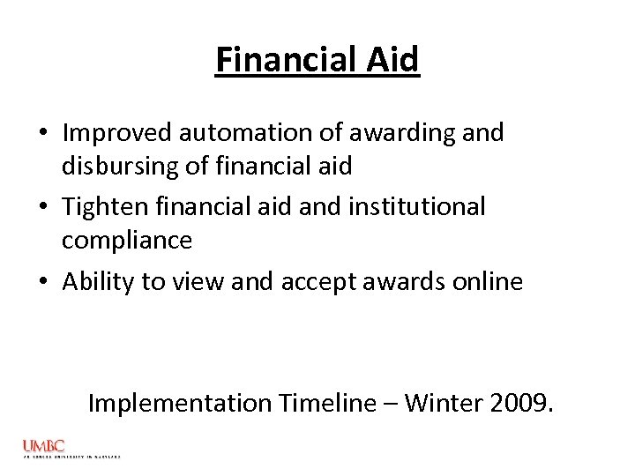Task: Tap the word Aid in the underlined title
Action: click(392, 60)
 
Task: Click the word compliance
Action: click(127, 241)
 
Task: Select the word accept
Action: click(318, 281)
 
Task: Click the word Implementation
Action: click(180, 404)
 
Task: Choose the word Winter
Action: click(450, 404)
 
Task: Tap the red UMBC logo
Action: click(44, 447)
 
